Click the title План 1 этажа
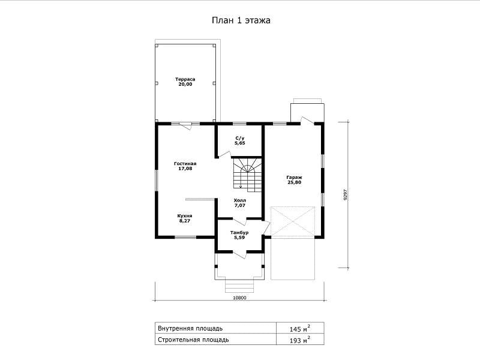coord(241,20)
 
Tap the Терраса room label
coord(185,79)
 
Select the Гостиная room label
coord(185,164)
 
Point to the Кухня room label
coord(185,216)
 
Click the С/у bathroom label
coord(240,139)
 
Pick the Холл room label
coord(240,200)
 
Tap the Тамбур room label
coord(239,233)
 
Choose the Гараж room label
coord(295,178)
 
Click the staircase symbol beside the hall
coord(248,175)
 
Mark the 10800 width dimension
coord(239,298)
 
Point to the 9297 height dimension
coord(346,194)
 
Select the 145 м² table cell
coord(300,328)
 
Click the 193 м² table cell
coord(300,340)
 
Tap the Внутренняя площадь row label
coord(190,328)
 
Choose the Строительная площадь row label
coord(193,340)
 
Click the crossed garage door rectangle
coord(293,221)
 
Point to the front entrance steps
coord(239,286)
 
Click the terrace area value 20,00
coord(185,84)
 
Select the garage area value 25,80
coord(295,182)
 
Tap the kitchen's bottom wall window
coord(185,237)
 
